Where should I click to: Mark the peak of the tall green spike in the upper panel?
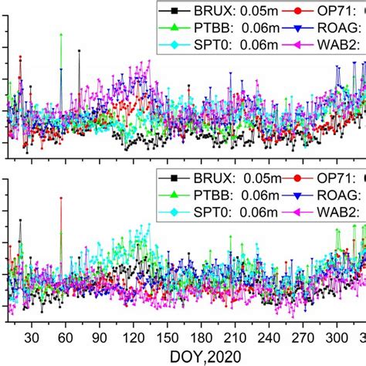61,34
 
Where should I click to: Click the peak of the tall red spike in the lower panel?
61,198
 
